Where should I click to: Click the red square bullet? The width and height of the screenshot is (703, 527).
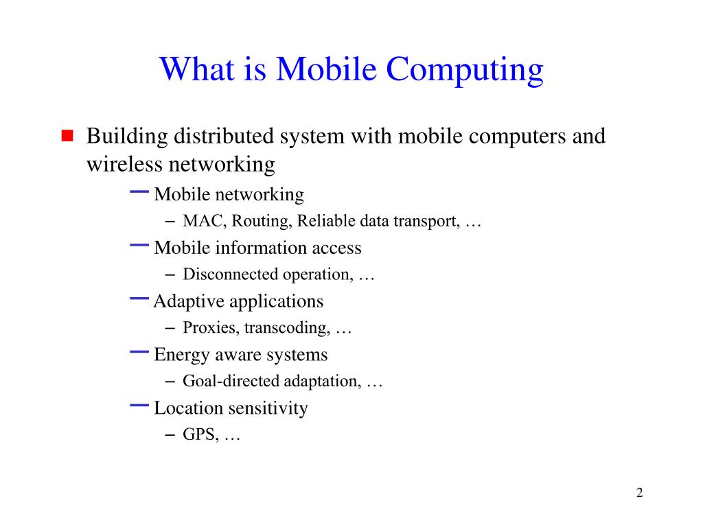point(67,134)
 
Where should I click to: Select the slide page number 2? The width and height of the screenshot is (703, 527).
point(639,493)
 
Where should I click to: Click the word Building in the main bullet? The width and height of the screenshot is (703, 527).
point(127,137)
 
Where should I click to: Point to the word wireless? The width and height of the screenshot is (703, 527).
point(120,165)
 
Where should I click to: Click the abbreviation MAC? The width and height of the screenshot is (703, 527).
point(203,222)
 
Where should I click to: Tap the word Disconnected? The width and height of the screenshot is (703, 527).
point(230,274)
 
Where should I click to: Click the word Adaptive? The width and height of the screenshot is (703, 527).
point(188,301)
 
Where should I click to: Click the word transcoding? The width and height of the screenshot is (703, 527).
point(287,328)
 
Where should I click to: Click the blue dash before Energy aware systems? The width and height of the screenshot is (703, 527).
point(139,351)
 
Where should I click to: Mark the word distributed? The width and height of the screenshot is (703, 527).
point(223,137)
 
